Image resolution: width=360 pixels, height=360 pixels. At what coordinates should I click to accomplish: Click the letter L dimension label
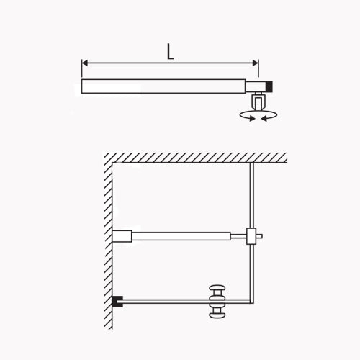170,51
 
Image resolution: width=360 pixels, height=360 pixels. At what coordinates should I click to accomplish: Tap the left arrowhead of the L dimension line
84,63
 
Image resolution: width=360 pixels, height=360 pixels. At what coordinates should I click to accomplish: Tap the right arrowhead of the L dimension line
256,63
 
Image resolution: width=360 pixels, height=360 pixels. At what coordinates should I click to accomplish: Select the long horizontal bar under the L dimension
163,86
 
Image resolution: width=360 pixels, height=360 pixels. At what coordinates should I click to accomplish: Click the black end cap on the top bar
270,86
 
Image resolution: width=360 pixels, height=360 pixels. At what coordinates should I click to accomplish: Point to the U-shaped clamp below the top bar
258,102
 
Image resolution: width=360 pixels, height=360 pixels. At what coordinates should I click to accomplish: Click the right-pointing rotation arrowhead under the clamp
252,118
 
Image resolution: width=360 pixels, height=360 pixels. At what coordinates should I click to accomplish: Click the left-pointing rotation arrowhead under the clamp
264,118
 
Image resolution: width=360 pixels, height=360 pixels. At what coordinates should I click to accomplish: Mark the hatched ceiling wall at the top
196,158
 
